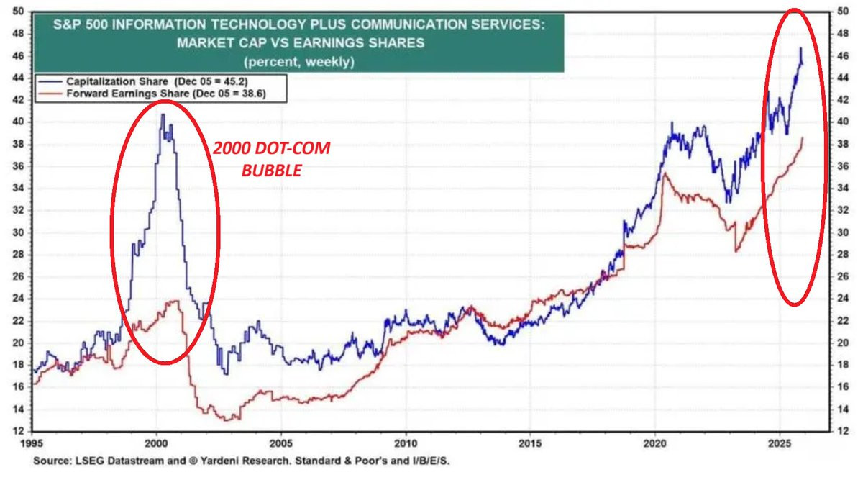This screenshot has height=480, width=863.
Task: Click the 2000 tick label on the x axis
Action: coord(157,439)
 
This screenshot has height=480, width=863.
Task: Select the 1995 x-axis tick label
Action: coord(32,439)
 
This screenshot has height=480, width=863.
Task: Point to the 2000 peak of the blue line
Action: coord(163,114)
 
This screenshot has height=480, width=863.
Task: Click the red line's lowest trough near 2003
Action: coord(227,420)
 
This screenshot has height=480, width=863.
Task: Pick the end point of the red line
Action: coord(803,137)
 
